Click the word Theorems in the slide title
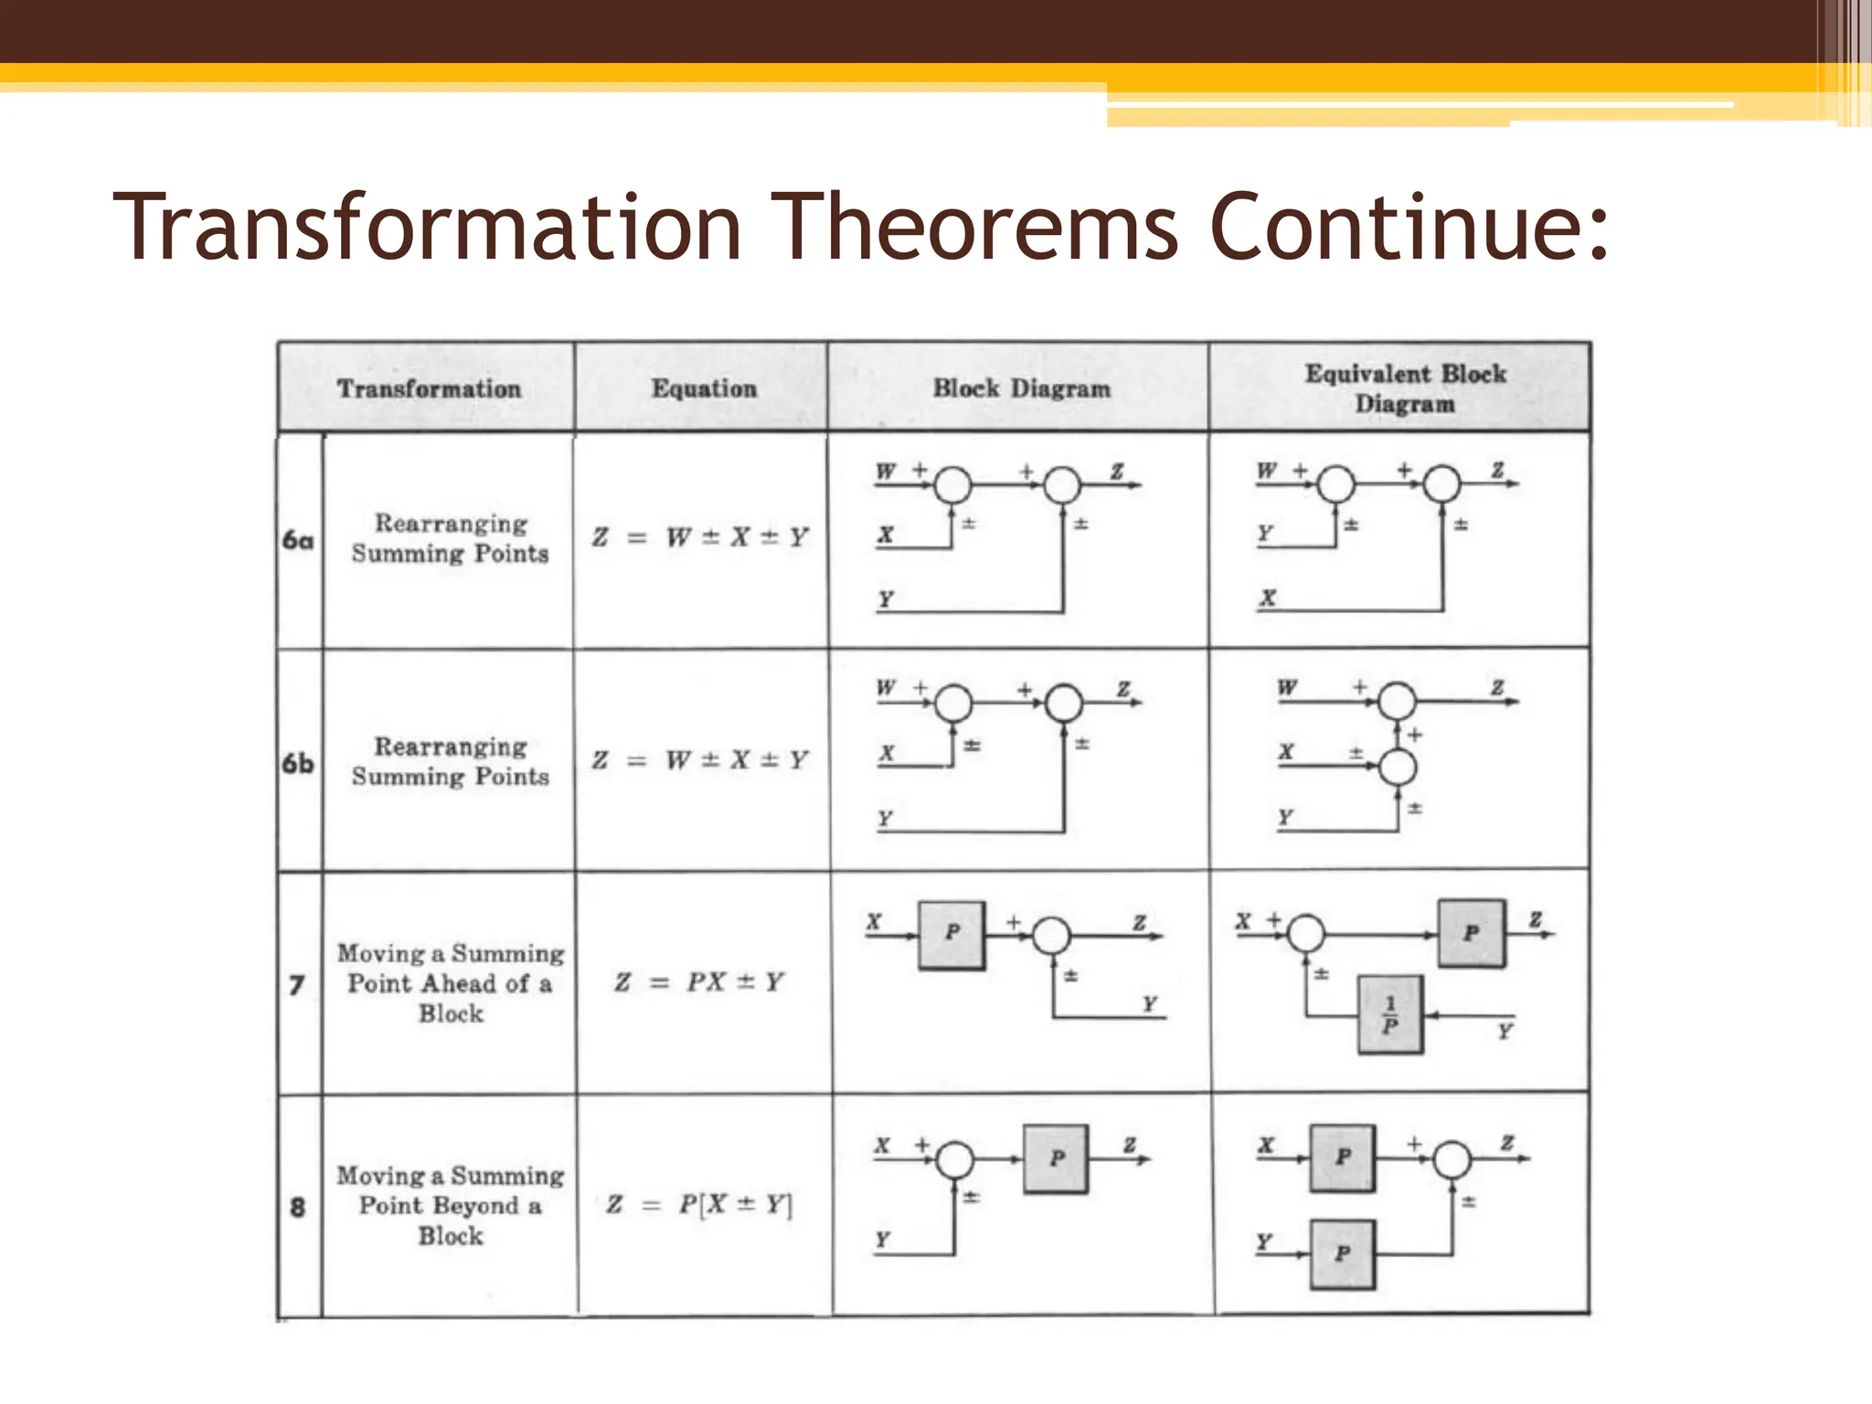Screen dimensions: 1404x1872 click(979, 226)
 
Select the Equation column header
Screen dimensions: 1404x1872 click(704, 388)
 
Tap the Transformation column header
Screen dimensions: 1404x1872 click(429, 388)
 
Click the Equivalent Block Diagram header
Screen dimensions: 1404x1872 click(1404, 388)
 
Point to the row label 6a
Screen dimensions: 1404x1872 click(298, 539)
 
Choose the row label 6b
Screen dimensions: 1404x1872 click(298, 762)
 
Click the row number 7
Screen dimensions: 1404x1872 click(297, 984)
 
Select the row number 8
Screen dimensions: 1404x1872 click(298, 1207)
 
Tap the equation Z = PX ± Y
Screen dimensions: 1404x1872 click(699, 982)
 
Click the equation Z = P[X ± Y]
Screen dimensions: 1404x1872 click(699, 1204)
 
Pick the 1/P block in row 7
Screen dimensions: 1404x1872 click(1389, 1015)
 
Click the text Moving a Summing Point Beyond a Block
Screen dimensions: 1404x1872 click(451, 1205)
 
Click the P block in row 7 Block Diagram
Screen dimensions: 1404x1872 click(952, 934)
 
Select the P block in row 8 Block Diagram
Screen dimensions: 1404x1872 click(1056, 1158)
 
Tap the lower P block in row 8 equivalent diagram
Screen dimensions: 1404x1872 click(1342, 1253)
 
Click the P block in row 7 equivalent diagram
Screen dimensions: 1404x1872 click(1471, 933)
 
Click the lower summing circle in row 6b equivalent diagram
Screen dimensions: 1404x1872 click(1397, 767)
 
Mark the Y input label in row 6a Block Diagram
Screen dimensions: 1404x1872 click(886, 599)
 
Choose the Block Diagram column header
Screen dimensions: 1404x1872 click(1021, 388)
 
